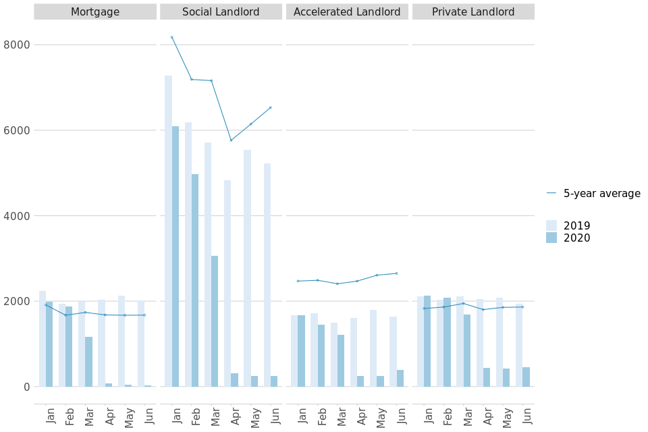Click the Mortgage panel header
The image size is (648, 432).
tap(95, 11)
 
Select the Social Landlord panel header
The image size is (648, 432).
tap(221, 11)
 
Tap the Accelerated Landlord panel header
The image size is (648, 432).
tap(347, 11)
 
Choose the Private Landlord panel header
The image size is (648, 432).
tap(473, 11)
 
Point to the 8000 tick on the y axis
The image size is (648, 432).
tap(17, 45)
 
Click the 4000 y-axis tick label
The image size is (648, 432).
tap(17, 216)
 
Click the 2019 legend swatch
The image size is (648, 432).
tap(551, 225)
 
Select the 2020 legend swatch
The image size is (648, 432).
tap(551, 238)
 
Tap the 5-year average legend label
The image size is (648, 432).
tap(601, 194)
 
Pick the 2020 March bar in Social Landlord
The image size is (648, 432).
tap(215, 321)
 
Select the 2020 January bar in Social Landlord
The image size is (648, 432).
tap(175, 256)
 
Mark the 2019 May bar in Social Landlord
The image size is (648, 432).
tap(247, 268)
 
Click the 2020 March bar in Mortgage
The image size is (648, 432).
tap(88, 362)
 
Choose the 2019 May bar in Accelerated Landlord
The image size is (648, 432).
tap(373, 348)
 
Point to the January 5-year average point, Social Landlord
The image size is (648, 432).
tap(171, 37)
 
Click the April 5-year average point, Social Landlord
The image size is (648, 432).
tap(231, 140)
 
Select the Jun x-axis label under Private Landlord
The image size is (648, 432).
tap(527, 416)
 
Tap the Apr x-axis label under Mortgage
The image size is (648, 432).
tap(109, 416)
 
